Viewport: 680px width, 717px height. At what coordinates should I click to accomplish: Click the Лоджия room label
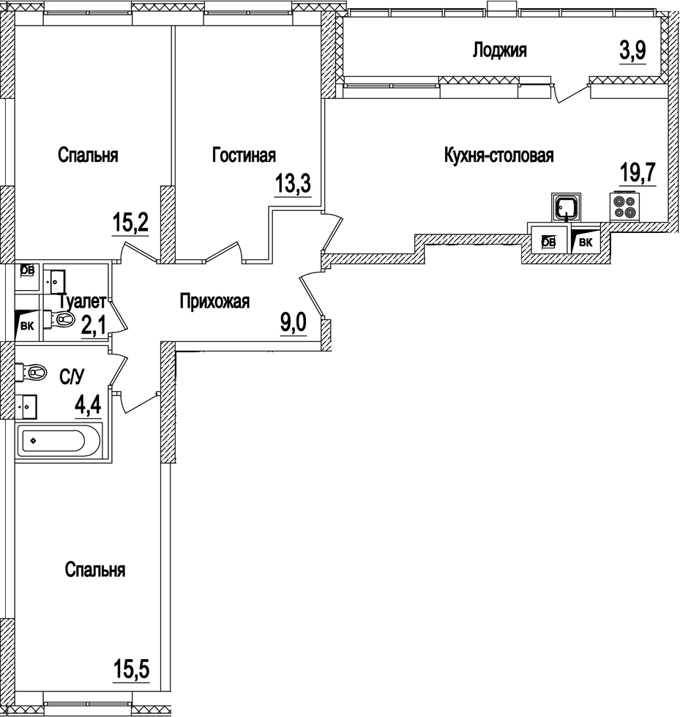pos(500,51)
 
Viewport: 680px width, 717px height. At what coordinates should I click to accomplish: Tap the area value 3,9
pos(631,51)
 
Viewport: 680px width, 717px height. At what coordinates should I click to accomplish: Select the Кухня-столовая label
pos(498,156)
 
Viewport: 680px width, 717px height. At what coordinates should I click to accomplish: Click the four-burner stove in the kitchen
pos(624,207)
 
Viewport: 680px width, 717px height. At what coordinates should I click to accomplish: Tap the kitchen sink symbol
pos(566,207)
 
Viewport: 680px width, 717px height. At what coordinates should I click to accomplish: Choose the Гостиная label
pos(244,155)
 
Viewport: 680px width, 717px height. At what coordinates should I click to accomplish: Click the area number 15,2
pos(130,221)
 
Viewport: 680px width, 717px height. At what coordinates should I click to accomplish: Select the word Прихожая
pos(215,301)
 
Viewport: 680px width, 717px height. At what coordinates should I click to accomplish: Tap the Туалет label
pos(83,301)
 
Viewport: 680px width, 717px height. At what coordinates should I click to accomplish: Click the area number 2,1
pos(93,324)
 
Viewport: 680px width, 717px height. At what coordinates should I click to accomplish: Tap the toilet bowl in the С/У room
pos(34,373)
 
